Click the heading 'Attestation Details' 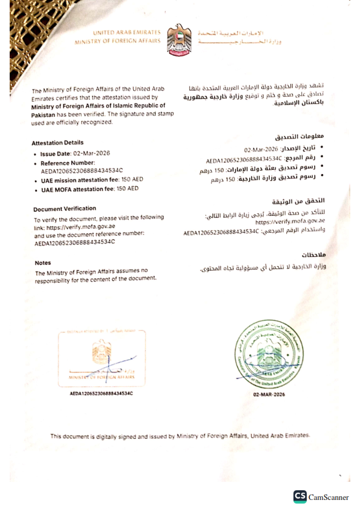tap(57, 143)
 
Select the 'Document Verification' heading tap(65, 209)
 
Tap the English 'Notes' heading tap(43, 263)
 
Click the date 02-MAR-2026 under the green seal tap(269, 394)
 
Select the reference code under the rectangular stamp tap(101, 394)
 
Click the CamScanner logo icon tap(299, 496)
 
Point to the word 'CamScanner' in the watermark tap(329, 497)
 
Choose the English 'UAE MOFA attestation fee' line tap(90, 189)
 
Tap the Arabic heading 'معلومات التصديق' tap(307, 136)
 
